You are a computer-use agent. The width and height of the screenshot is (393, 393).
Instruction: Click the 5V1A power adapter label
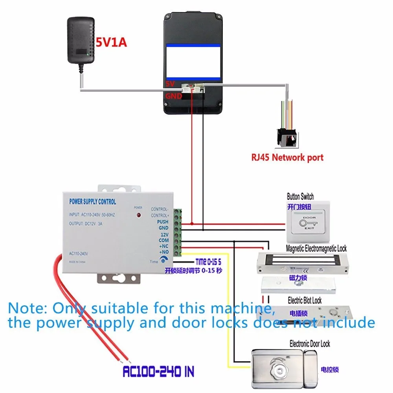(x=111, y=42)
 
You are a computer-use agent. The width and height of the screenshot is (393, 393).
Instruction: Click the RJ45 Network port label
(x=287, y=158)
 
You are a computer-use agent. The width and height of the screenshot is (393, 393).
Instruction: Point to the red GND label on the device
(x=173, y=96)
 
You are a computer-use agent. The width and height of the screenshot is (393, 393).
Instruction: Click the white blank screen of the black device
(x=193, y=62)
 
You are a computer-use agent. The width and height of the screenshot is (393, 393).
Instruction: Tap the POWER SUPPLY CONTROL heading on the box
(x=93, y=202)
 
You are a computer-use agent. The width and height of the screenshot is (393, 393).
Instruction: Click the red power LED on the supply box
(x=138, y=215)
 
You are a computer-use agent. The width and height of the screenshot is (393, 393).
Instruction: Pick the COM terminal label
(x=163, y=240)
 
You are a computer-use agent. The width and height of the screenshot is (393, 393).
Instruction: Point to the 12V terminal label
(x=164, y=234)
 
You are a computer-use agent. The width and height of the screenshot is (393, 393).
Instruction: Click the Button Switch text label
(x=300, y=196)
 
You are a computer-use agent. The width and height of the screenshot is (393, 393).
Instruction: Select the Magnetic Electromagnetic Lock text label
(x=316, y=248)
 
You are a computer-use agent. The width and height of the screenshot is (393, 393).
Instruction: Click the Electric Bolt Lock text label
(x=305, y=301)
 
